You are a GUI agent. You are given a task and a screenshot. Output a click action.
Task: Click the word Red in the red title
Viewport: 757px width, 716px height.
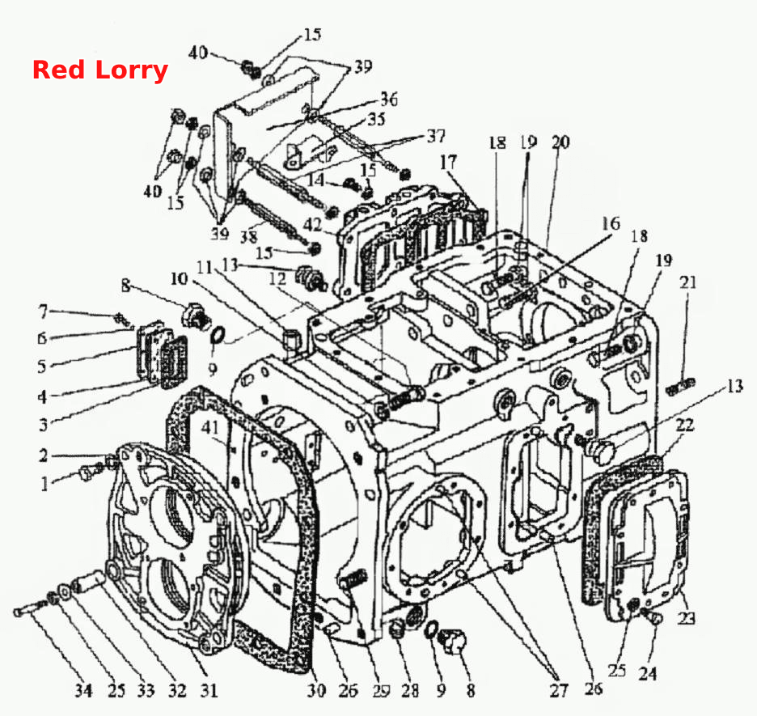58,70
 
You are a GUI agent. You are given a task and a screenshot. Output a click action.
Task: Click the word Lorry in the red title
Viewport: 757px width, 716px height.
131,71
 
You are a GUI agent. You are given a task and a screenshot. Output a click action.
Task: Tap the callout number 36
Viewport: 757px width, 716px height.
389,100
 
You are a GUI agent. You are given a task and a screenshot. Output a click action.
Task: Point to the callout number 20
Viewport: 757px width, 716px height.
560,142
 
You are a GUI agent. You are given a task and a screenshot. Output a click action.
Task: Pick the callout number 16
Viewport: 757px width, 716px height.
611,223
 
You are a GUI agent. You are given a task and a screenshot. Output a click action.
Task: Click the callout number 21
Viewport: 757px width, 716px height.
688,282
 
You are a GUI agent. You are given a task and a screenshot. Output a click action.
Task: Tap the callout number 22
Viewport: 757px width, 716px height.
684,425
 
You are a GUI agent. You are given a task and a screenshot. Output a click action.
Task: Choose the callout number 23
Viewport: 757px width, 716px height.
686,617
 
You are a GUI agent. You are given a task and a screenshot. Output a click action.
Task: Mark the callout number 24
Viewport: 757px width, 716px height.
648,672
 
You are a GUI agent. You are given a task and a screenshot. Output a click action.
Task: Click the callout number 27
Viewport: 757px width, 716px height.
559,690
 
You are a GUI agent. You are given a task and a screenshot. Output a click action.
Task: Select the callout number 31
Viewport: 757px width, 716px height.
209,690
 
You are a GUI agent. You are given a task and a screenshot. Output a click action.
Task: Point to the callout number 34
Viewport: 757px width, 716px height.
83,690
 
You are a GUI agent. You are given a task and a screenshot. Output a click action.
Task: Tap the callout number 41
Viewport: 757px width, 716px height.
210,427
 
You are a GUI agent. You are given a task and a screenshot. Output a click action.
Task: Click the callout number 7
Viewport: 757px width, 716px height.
44,312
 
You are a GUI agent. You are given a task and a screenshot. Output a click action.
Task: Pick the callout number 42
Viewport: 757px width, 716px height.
313,224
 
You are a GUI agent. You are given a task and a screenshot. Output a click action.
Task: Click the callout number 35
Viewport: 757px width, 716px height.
376,119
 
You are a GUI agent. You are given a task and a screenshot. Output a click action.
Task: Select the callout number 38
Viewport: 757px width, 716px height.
249,236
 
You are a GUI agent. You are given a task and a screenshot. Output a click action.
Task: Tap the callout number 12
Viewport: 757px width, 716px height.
277,278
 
